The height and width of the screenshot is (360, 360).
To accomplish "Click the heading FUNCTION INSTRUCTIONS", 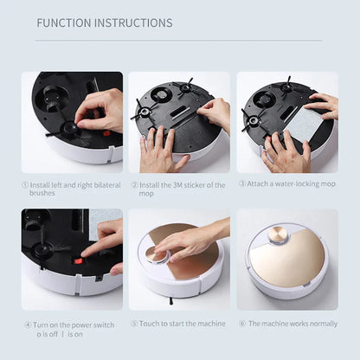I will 104,22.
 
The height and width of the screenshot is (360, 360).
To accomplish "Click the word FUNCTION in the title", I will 63,22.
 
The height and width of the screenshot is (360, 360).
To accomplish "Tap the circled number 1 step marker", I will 25,183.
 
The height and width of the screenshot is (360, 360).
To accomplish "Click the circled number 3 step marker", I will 242,183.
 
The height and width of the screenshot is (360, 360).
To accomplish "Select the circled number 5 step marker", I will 134,323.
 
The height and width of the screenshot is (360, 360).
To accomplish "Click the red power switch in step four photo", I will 77,259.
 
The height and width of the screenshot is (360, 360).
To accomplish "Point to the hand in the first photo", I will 100,108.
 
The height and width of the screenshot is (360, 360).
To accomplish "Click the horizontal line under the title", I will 179,40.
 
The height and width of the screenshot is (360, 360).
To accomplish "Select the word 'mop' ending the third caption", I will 330,183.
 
